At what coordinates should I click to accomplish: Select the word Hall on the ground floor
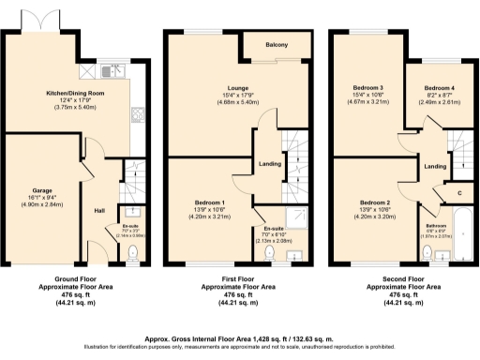(98, 210)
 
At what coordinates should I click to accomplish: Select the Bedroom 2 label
(374, 202)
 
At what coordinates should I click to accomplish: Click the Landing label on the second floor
(434, 166)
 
